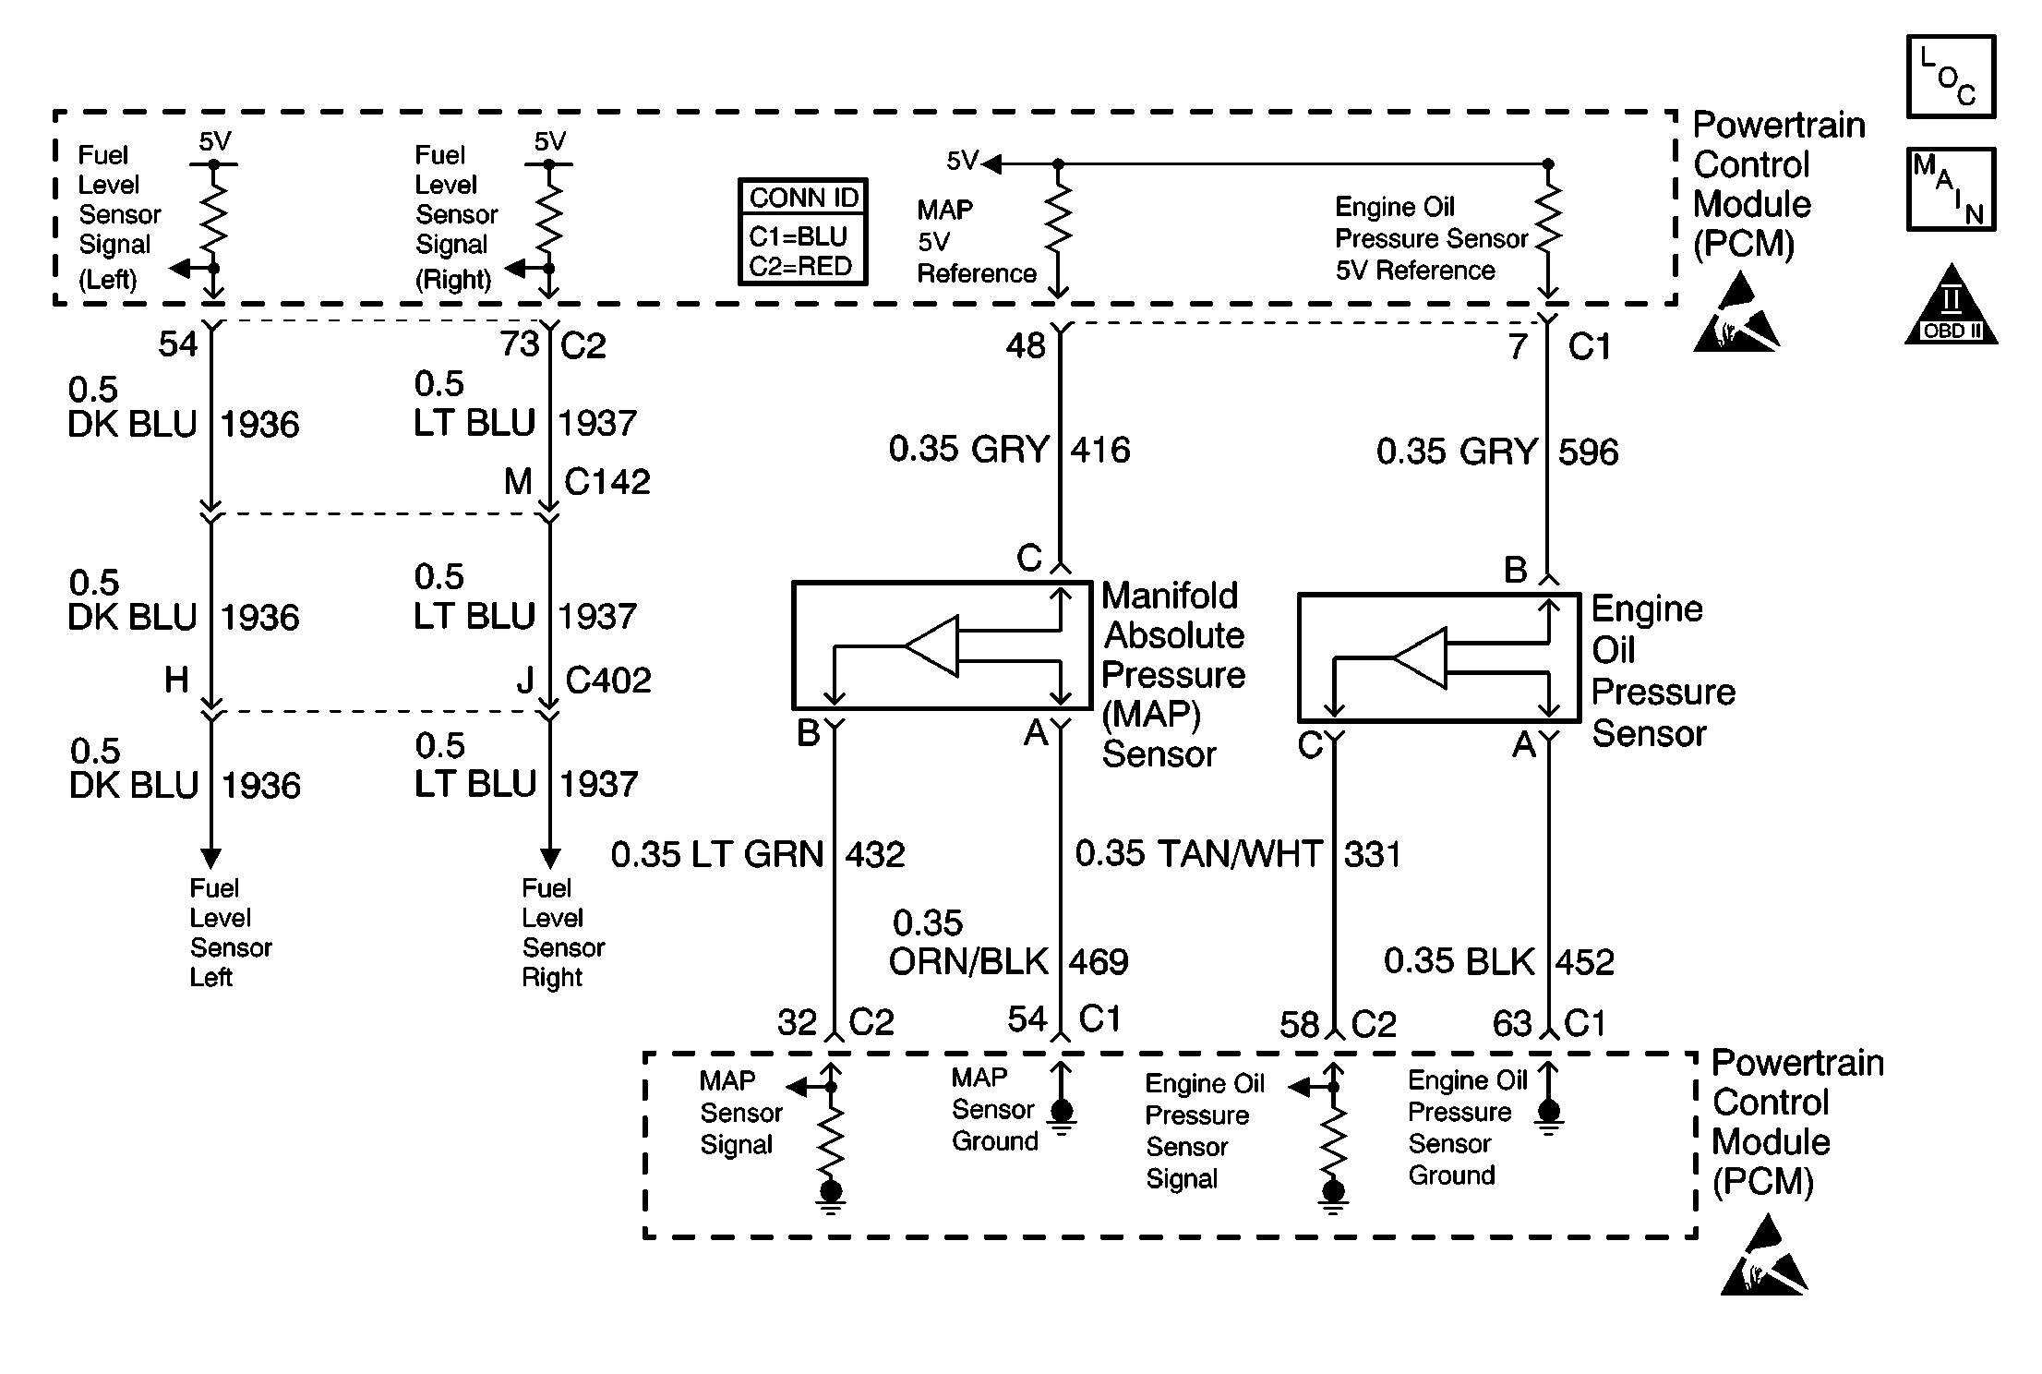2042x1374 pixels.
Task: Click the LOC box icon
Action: (x=1951, y=77)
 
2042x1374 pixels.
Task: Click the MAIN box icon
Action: (x=1951, y=189)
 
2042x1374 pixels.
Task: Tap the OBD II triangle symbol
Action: (x=1951, y=304)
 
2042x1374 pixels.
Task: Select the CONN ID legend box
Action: (x=803, y=232)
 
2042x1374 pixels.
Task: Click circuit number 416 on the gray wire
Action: (x=1100, y=450)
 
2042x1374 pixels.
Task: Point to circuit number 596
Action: (x=1589, y=452)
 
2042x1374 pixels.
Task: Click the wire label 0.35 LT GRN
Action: (x=717, y=854)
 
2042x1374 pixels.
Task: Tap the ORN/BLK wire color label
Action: (x=968, y=962)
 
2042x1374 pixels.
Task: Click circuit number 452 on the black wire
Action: (x=1585, y=962)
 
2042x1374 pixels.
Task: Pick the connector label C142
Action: (x=607, y=481)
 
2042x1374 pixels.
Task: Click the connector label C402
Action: (x=608, y=681)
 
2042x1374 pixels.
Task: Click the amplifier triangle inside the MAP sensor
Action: (x=931, y=646)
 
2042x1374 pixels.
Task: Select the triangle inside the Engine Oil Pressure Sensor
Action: (x=1419, y=658)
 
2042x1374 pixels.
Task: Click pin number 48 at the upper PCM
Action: (x=1026, y=346)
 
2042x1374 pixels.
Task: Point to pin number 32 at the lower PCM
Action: (x=797, y=1023)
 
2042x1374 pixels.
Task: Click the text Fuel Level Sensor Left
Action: (x=231, y=933)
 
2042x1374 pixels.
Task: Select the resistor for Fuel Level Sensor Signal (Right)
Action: (x=549, y=217)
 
